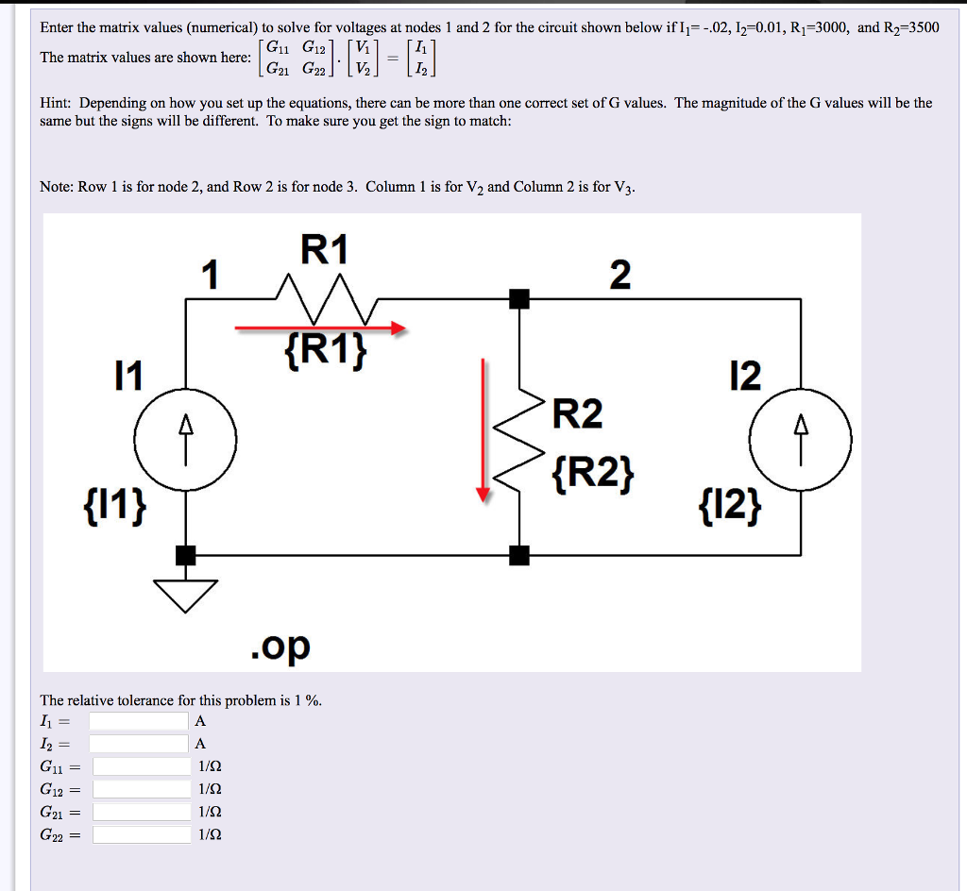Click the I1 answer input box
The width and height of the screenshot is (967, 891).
139,721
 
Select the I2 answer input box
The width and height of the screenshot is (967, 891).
139,744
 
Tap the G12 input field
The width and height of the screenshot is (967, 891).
142,789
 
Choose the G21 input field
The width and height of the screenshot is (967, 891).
142,812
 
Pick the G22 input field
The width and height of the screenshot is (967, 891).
142,834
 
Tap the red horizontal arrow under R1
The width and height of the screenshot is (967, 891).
321,328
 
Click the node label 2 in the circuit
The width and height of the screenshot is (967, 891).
619,275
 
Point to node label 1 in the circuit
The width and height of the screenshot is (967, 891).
211,275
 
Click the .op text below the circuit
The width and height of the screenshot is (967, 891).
280,646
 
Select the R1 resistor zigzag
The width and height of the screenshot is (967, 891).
326,289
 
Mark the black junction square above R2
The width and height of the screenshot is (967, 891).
518,299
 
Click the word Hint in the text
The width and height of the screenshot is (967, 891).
57,103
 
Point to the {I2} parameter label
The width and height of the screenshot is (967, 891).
729,510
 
